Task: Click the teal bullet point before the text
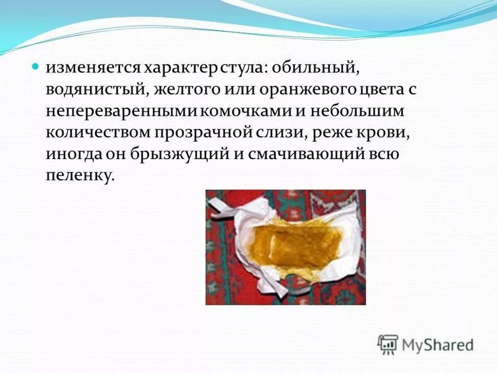tap(35, 65)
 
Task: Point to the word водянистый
tap(93, 89)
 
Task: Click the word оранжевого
tap(295, 89)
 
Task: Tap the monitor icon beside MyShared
tap(388, 344)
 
